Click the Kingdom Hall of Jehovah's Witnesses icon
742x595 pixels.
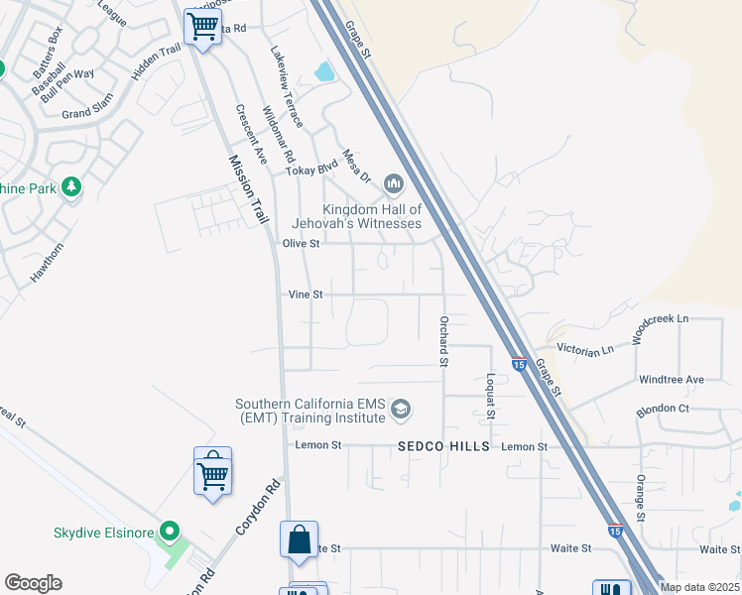pyautogui.click(x=394, y=183)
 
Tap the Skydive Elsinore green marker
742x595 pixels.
pyautogui.click(x=170, y=533)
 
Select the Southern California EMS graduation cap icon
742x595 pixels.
pyautogui.click(x=401, y=409)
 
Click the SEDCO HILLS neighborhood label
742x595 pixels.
pyautogui.click(x=444, y=447)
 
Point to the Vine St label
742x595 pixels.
pyautogui.click(x=306, y=295)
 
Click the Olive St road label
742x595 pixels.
pyautogui.click(x=302, y=243)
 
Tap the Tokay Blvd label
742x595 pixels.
pyautogui.click(x=311, y=170)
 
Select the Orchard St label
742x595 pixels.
pyautogui.click(x=444, y=341)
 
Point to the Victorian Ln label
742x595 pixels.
pyautogui.click(x=585, y=349)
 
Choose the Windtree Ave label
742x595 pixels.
pyautogui.click(x=672, y=379)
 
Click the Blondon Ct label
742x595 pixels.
pyautogui.click(x=663, y=409)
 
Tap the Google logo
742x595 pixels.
pyautogui.click(x=33, y=583)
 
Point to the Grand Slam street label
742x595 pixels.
pyautogui.click(x=90, y=113)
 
